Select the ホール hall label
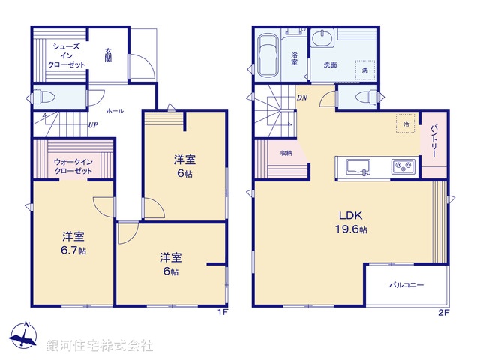(115, 110)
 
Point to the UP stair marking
(93, 125)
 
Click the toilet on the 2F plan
(364, 97)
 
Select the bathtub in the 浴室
(267, 56)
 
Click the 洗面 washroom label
(330, 64)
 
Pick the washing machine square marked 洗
(364, 69)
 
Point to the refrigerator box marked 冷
(406, 123)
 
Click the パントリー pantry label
(433, 141)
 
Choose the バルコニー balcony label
(406, 286)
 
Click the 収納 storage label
(286, 153)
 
